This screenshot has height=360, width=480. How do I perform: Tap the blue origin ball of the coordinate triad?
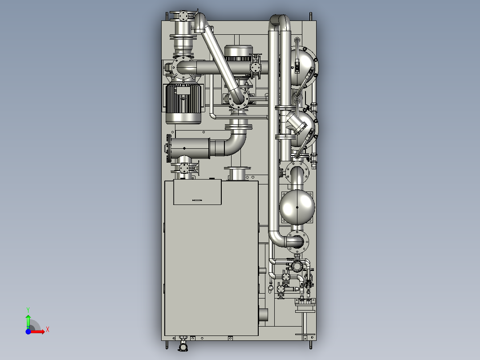28,331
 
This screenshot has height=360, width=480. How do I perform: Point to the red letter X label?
48,330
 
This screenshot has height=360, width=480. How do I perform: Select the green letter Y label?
28,310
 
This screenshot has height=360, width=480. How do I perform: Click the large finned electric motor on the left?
183,102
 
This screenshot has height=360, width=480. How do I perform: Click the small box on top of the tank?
197,192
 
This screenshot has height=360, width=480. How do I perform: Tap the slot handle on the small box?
197,200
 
